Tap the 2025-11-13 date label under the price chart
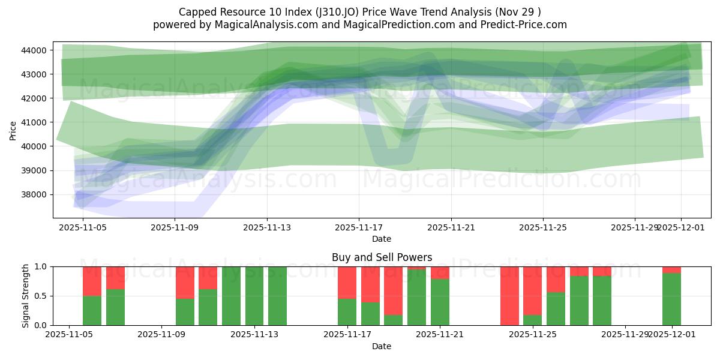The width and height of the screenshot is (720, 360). click(x=267, y=228)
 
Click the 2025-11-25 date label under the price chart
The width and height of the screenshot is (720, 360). click(x=543, y=228)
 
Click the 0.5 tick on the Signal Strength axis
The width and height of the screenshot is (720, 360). click(x=41, y=296)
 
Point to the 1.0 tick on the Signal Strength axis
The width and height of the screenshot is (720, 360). click(x=41, y=266)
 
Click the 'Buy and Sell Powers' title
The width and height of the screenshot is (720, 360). click(x=382, y=257)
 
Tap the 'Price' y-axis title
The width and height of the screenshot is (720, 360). click(x=13, y=130)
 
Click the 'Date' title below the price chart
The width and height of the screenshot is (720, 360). click(x=382, y=239)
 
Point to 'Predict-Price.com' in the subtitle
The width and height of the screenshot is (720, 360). click(x=527, y=25)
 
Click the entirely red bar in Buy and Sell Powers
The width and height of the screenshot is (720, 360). click(x=509, y=296)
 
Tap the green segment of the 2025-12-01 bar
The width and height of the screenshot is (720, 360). click(x=671, y=299)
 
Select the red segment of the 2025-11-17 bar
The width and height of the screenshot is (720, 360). click(x=347, y=282)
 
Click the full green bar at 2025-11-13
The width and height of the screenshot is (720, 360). click(x=254, y=296)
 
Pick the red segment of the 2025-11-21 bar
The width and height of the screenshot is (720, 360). click(x=440, y=272)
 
